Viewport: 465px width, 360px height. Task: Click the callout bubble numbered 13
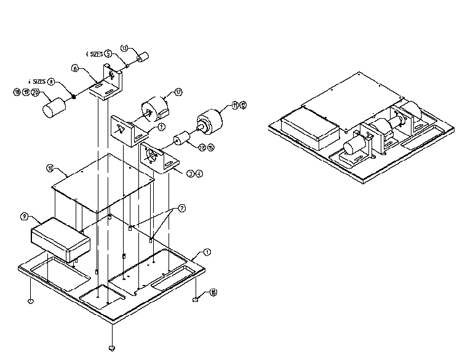124,48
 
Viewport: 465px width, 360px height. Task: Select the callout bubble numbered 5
108,54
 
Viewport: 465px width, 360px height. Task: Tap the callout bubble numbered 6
75,70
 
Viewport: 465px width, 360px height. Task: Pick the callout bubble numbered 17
178,92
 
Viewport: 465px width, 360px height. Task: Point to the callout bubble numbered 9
24,216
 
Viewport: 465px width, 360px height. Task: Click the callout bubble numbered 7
181,209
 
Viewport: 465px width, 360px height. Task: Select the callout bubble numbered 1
207,252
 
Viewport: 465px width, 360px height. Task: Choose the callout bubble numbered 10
50,167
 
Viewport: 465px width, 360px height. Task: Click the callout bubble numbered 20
35,92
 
